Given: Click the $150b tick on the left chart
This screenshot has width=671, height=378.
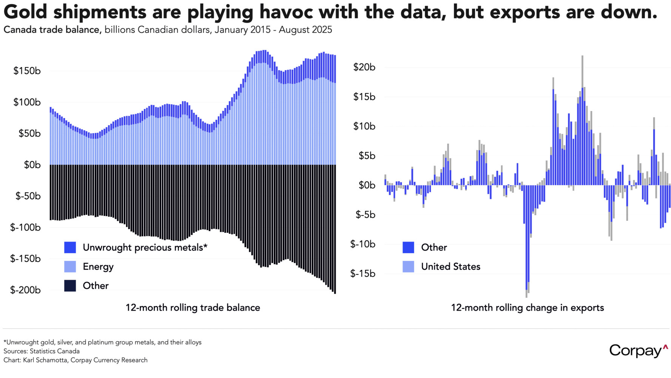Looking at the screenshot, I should (x=27, y=71).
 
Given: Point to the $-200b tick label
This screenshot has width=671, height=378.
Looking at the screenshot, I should (x=25, y=290).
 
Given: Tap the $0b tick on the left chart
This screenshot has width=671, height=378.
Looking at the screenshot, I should (x=32, y=165).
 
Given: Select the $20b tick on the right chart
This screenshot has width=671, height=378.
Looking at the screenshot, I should (x=364, y=67).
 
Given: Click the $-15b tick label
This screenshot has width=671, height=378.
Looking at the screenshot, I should (x=363, y=273).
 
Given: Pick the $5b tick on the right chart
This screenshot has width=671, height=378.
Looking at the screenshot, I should (x=367, y=156).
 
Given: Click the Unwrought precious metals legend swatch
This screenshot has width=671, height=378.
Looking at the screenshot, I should (x=70, y=248).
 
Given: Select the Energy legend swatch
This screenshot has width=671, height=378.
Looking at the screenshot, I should (x=70, y=266).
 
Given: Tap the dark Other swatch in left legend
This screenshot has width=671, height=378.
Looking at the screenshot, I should (x=70, y=286).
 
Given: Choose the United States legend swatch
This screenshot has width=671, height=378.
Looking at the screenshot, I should (x=408, y=266).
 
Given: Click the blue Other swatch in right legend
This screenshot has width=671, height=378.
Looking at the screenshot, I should (x=408, y=248).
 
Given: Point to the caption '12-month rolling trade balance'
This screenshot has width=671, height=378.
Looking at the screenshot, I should (x=193, y=308).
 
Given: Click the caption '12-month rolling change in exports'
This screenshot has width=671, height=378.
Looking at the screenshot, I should (x=527, y=308).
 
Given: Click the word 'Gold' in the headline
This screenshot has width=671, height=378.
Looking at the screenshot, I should (x=25, y=12).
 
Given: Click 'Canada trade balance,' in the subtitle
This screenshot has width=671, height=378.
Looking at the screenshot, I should (x=52, y=30).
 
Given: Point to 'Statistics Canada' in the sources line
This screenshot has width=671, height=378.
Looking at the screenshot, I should (x=55, y=351).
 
